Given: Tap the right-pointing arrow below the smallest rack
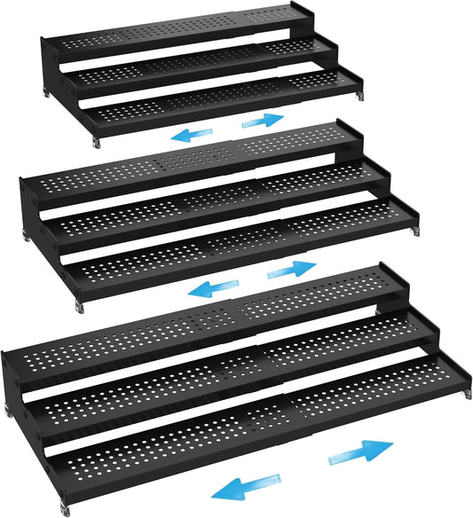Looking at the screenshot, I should [x=264, y=119].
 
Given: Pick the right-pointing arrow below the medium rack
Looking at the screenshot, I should [x=292, y=268].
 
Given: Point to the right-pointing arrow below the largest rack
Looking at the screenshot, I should [x=359, y=452].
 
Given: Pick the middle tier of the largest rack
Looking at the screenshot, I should [x=240, y=381].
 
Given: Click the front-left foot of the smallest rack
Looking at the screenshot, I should [x=96, y=141].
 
